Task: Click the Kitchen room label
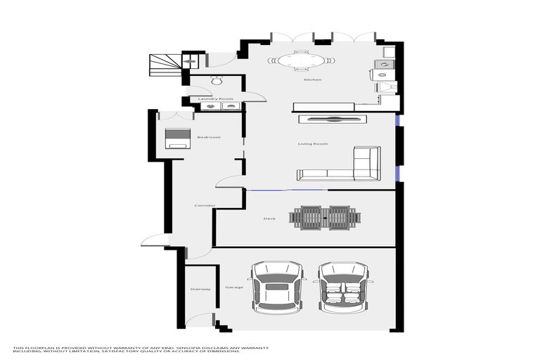[x=312, y=79]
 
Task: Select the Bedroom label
[x=209, y=137]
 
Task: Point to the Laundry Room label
[x=216, y=99]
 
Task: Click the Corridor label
[x=205, y=205]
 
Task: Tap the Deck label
[x=269, y=219]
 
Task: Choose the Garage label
[x=233, y=288]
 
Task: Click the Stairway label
[x=200, y=289]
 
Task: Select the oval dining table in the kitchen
[x=301, y=61]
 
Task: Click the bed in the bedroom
[x=177, y=138]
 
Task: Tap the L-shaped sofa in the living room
[x=345, y=166]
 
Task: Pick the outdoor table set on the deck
[x=326, y=217]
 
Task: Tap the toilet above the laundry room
[x=216, y=81]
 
